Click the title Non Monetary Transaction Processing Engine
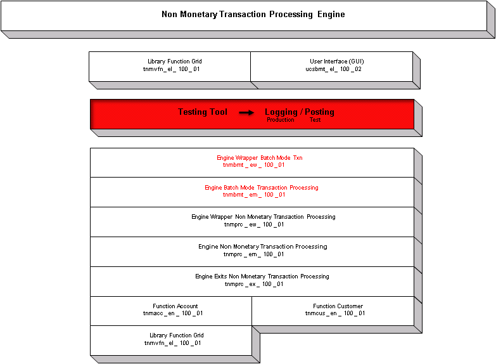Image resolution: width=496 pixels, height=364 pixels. [253, 15]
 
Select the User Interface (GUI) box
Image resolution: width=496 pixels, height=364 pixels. [332, 65]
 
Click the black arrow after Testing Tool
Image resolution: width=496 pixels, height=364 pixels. [246, 113]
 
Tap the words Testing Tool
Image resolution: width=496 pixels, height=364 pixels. [202, 112]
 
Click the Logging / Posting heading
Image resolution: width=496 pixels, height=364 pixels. [299, 112]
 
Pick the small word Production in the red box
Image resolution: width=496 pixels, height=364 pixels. [280, 120]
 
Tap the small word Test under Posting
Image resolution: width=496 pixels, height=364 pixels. [315, 120]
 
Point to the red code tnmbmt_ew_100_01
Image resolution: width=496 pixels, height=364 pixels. [253, 165]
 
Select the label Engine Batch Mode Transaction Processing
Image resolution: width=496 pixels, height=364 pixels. [261, 188]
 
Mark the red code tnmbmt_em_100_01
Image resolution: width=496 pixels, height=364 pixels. [253, 195]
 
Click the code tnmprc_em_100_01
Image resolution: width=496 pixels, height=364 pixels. [253, 254]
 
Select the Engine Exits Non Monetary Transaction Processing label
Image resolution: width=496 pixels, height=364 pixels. [262, 276]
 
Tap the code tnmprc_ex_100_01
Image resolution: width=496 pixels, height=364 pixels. [253, 284]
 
